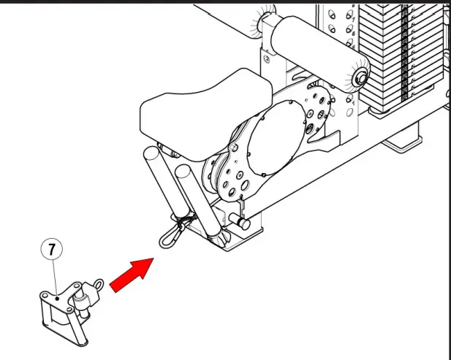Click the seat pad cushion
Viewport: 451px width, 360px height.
192,107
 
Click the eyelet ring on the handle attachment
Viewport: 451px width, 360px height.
96,285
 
